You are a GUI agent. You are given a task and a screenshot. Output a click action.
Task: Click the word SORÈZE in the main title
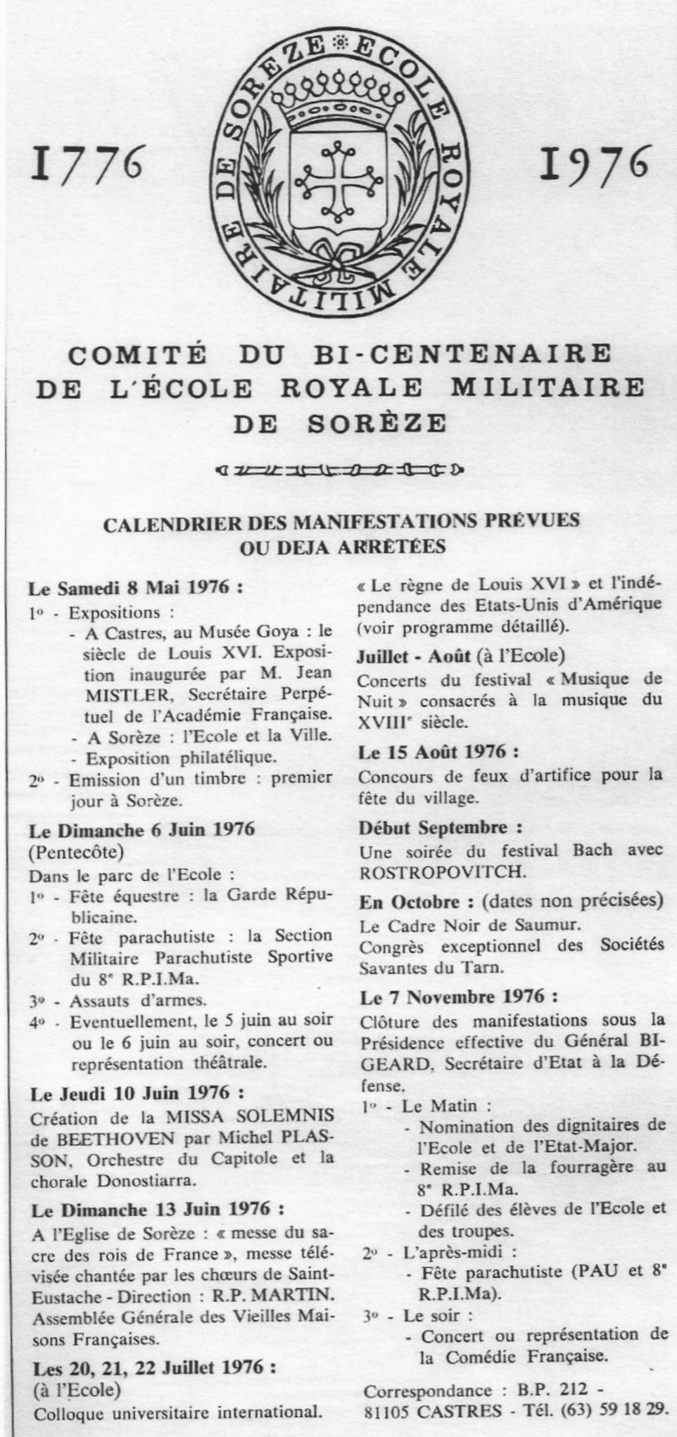tap(377, 424)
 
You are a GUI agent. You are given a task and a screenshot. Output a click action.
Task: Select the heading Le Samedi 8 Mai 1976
tap(136, 588)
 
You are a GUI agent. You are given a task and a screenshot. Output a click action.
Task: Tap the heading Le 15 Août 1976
tap(438, 752)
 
